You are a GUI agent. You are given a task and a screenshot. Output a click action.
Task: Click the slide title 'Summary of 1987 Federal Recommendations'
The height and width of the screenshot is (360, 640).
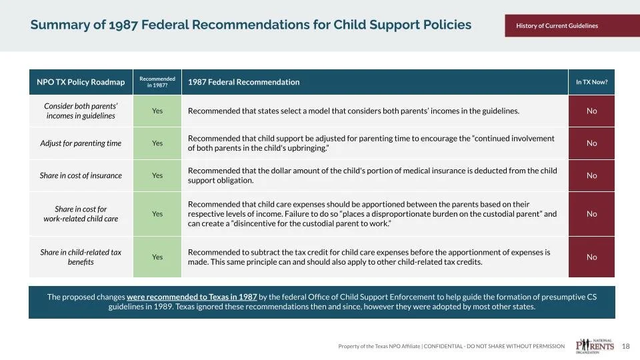[x=251, y=25]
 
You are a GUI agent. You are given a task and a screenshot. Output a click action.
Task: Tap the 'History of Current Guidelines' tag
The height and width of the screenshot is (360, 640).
[x=557, y=26]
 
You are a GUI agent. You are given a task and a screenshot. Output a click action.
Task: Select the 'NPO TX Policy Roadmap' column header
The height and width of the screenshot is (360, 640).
[x=81, y=82]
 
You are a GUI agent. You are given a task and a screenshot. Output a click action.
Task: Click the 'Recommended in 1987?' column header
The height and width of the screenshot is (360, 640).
[x=157, y=82]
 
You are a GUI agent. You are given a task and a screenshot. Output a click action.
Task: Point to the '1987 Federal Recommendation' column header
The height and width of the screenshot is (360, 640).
[x=243, y=82]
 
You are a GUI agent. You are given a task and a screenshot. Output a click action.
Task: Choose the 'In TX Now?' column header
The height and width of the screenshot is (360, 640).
[x=591, y=82]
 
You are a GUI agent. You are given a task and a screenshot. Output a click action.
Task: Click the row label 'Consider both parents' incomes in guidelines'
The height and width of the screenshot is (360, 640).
[x=81, y=111]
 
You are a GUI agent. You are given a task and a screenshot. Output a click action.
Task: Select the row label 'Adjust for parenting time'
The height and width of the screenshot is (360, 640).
[x=81, y=143]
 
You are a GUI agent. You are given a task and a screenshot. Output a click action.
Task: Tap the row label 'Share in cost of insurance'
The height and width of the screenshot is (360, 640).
[x=81, y=176]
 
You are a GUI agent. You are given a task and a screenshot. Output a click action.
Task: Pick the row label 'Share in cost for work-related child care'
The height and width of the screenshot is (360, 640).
[x=81, y=214]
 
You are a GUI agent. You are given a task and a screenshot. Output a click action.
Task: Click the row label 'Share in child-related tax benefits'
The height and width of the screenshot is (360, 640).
[x=81, y=257]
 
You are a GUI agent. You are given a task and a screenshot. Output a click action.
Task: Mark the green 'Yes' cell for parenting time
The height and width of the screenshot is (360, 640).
[x=157, y=143]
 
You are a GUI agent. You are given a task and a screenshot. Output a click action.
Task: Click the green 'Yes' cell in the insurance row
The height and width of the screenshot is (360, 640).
[x=157, y=176]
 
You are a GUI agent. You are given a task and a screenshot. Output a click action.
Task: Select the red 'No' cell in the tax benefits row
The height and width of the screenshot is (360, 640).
[x=591, y=257]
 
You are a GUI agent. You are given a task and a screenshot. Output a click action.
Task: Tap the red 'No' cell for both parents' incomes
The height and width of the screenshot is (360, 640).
[x=591, y=111]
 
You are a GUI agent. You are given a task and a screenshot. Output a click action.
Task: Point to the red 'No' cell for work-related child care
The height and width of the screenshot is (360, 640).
[x=591, y=214]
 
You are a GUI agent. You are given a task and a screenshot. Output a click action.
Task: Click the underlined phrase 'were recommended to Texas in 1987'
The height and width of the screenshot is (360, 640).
[x=191, y=297]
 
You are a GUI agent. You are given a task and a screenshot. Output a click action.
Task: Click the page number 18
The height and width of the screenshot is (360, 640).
[x=625, y=346]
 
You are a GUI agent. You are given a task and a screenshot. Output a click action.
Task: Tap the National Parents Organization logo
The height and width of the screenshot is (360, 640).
[x=595, y=345]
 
